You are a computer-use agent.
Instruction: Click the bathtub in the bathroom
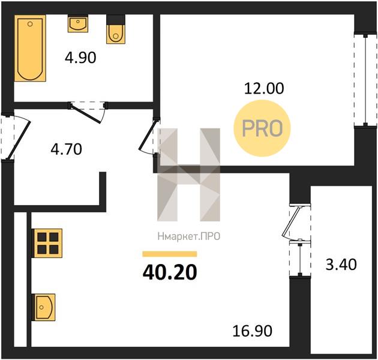pyautogui.click(x=30, y=48)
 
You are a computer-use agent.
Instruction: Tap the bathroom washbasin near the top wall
pyautogui.click(x=78, y=23)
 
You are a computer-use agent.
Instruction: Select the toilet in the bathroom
pyautogui.click(x=116, y=29)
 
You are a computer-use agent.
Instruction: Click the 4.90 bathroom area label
pyautogui.click(x=80, y=58)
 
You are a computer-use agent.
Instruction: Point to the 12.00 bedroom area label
pyautogui.click(x=264, y=88)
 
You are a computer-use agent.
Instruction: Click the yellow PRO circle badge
pyautogui.click(x=262, y=128)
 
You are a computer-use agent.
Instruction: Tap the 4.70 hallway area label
pyautogui.click(x=66, y=149)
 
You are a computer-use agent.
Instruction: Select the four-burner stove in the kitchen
pyautogui.click(x=48, y=243)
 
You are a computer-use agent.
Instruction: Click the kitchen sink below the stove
pyautogui.click(x=44, y=307)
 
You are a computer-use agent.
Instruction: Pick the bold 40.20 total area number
pyautogui.click(x=170, y=272)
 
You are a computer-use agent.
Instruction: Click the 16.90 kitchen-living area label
pyautogui.click(x=253, y=331)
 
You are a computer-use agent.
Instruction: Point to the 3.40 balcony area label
pyautogui.click(x=341, y=264)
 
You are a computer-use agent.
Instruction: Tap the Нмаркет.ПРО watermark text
pyautogui.click(x=189, y=236)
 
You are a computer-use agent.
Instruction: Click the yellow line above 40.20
pyautogui.click(x=170, y=254)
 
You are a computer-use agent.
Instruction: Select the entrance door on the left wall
pyautogui.click(x=15, y=136)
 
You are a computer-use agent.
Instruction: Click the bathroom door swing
pyautogui.click(x=87, y=113)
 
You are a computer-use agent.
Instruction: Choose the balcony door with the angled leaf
pyautogui.click(x=296, y=222)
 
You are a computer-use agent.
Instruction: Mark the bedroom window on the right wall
pyautogui.click(x=365, y=80)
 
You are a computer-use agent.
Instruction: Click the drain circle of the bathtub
pyautogui.click(x=30, y=24)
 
